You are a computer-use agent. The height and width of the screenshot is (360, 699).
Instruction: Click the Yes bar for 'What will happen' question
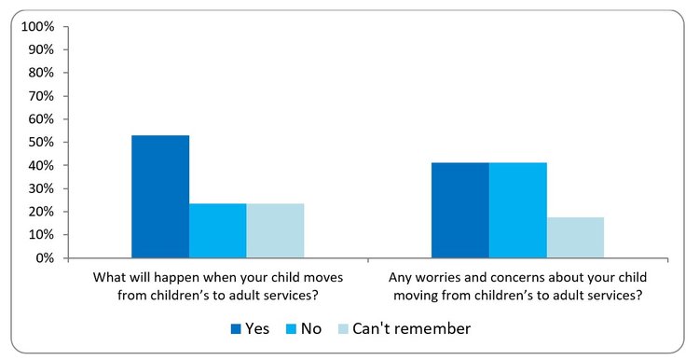(160, 197)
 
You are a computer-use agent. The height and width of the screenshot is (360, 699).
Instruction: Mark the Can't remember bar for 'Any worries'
(575, 238)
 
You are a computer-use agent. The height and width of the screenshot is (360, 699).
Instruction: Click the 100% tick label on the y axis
(37, 27)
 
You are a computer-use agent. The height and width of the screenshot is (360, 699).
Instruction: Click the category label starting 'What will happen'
(217, 287)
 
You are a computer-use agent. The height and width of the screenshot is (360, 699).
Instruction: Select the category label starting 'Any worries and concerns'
(517, 287)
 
